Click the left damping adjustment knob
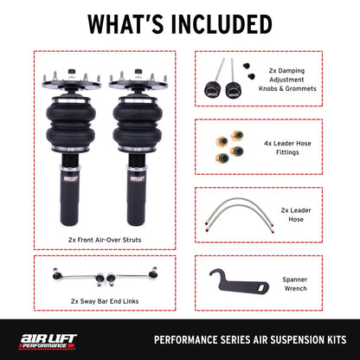(210, 89)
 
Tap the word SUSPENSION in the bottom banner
(285, 339)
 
